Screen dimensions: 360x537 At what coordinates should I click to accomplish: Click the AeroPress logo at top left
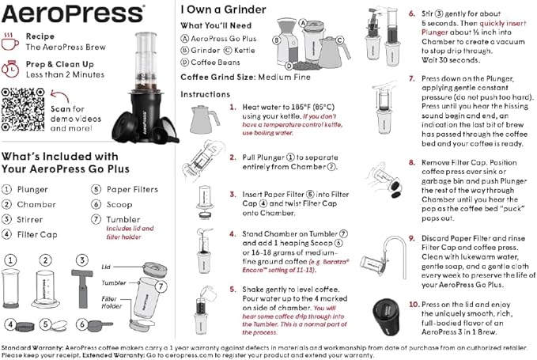coord(74,13)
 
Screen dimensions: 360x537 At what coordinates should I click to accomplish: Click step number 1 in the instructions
coord(233,106)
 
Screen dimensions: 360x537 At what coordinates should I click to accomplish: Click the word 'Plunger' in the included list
coord(32,189)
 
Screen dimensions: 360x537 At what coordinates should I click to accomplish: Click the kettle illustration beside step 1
coord(203,120)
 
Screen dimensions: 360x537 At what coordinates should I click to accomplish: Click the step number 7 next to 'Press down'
coord(413,79)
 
